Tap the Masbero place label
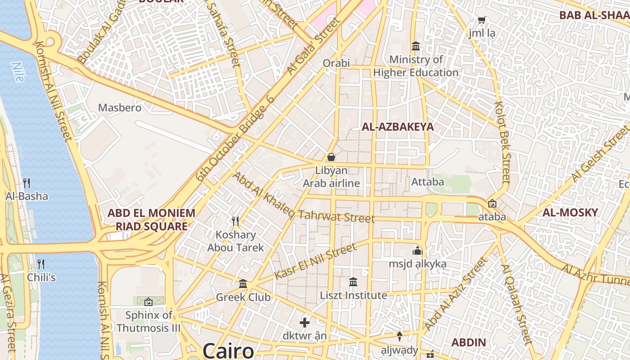120,108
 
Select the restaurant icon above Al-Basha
27,183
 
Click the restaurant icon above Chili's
41,264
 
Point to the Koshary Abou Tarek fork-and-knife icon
235,221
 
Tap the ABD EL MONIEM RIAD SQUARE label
151,220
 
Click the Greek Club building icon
243,283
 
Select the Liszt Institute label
353,296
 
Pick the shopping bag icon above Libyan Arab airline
331,157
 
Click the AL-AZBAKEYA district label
398,127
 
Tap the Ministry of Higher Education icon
416,46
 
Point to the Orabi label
336,63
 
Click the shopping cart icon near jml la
481,20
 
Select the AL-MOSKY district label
570,213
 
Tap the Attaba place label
427,182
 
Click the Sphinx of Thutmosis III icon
148,301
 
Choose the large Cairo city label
228,350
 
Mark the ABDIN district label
468,342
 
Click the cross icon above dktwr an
305,322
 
